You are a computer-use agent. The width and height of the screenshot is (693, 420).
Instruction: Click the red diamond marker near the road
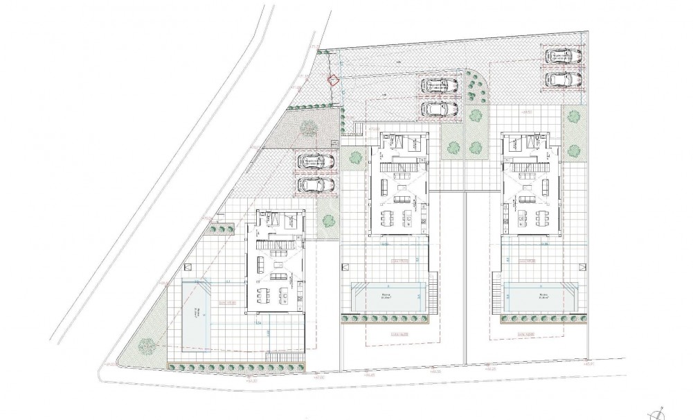tap(334, 80)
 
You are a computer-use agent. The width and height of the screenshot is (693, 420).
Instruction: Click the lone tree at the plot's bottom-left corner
tap(146, 344)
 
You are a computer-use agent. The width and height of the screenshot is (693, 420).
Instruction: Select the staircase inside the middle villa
tap(399, 167)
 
